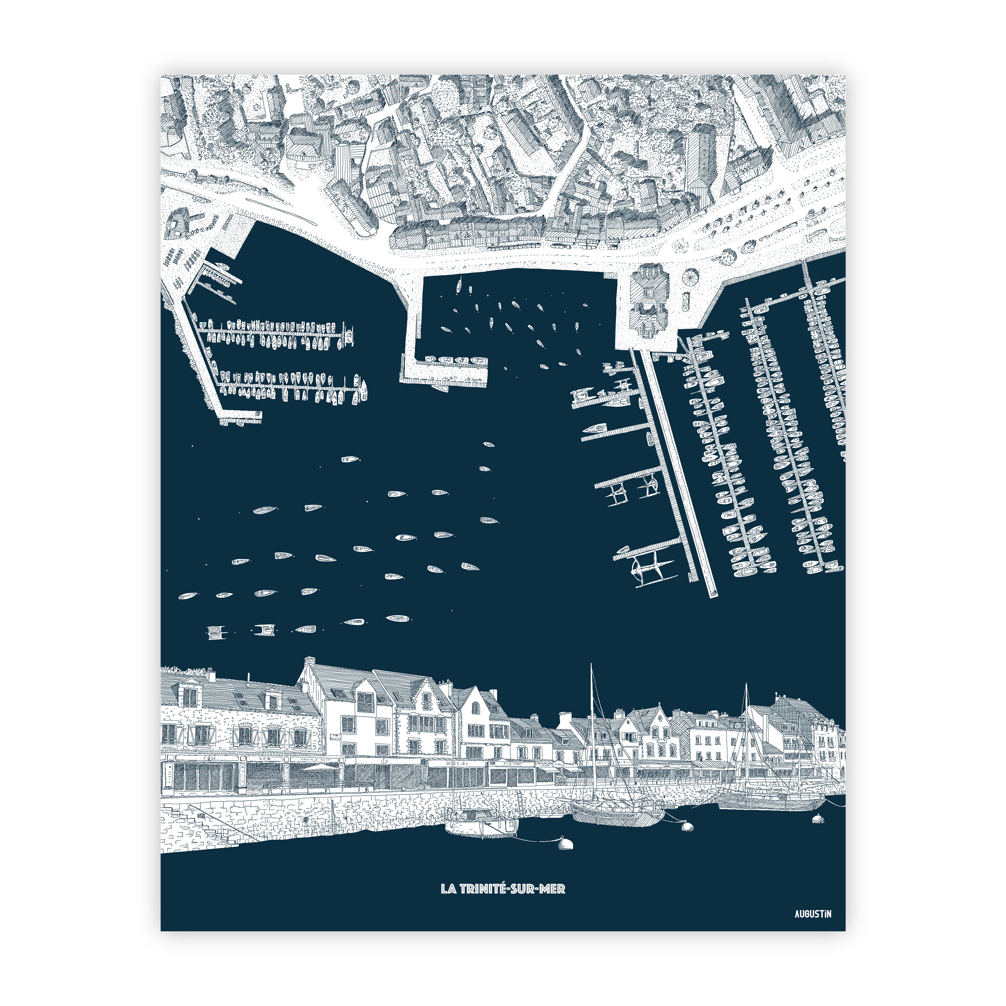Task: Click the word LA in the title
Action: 449,888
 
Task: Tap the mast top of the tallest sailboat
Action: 591,665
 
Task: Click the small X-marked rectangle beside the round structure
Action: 685,301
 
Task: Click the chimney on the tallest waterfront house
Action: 309,661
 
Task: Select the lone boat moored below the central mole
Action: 440,388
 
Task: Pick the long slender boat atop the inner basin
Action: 459,284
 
